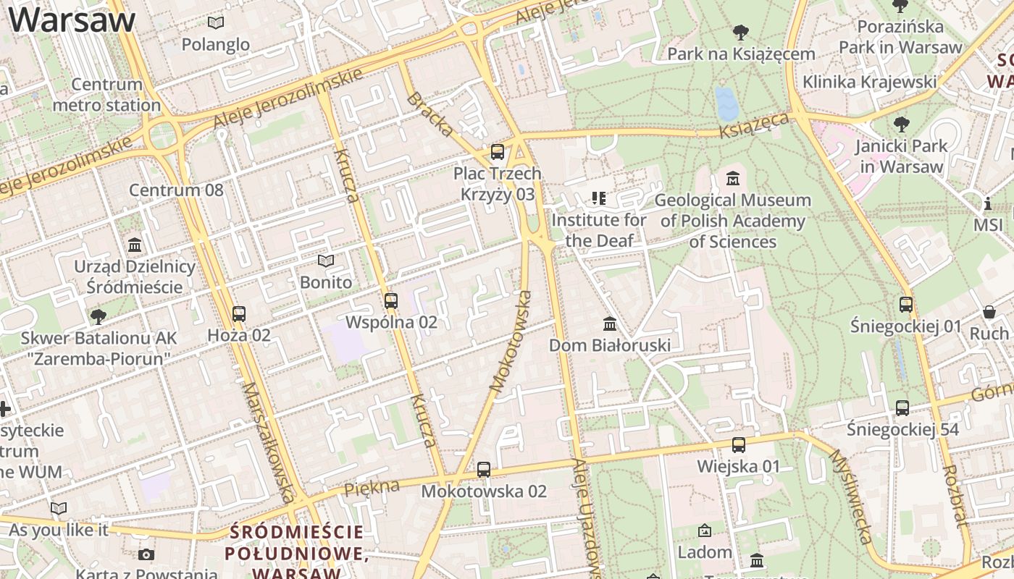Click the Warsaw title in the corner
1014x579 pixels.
(x=72, y=20)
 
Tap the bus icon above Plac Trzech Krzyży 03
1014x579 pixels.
(x=498, y=152)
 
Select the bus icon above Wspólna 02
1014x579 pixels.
(x=391, y=300)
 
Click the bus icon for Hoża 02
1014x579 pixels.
(x=239, y=314)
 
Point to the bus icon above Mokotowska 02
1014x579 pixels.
(x=484, y=470)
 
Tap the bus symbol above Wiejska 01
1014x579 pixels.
(x=739, y=445)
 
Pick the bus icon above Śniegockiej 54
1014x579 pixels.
(x=902, y=408)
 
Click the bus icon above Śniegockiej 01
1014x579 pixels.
(x=906, y=305)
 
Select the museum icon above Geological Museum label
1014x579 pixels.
(x=733, y=178)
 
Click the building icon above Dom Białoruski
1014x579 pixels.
(x=610, y=324)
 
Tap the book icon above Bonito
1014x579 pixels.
(x=326, y=261)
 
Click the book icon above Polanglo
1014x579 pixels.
(x=216, y=22)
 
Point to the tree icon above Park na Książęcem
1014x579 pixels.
(x=741, y=33)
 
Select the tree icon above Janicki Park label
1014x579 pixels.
(x=902, y=124)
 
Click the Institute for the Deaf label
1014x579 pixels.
(x=599, y=229)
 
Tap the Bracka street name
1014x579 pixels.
(x=430, y=114)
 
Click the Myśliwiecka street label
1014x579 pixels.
(x=850, y=496)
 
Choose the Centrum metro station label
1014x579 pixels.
(x=106, y=95)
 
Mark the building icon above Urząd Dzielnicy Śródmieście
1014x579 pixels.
(x=135, y=245)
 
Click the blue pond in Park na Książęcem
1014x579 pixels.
(x=726, y=103)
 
